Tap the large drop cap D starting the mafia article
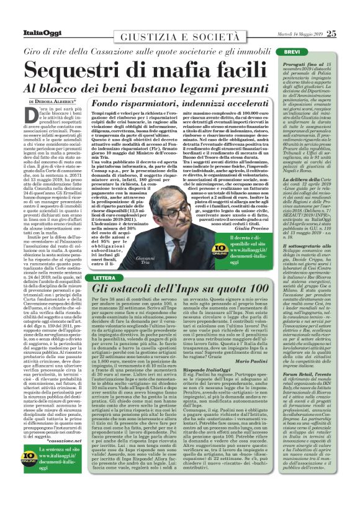coord(35,119)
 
